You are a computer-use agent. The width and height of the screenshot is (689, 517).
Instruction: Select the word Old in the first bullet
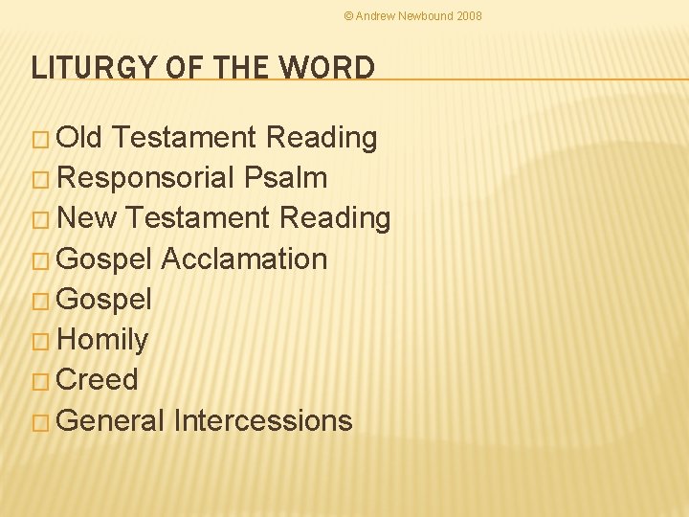(x=80, y=138)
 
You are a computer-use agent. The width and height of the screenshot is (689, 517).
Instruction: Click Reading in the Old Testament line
(x=322, y=138)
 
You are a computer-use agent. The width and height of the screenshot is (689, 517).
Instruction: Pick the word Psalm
(x=286, y=178)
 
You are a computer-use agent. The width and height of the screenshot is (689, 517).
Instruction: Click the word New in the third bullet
(x=87, y=218)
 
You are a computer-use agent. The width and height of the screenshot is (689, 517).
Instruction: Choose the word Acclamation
(x=244, y=258)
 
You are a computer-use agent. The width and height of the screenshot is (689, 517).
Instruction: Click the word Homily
(x=102, y=340)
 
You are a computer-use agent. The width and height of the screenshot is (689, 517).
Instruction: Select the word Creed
(x=98, y=380)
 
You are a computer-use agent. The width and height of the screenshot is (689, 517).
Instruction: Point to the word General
(x=111, y=420)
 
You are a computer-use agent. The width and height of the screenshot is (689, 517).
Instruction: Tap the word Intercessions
(x=263, y=420)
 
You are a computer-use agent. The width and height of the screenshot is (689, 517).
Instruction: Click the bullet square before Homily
(x=40, y=341)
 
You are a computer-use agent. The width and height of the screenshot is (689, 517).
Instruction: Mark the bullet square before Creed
(x=40, y=381)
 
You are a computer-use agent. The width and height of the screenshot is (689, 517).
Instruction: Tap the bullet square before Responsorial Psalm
(x=40, y=179)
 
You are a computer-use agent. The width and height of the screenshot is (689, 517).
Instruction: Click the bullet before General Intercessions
(x=40, y=421)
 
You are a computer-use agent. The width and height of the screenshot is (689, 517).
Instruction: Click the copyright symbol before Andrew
(x=348, y=16)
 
